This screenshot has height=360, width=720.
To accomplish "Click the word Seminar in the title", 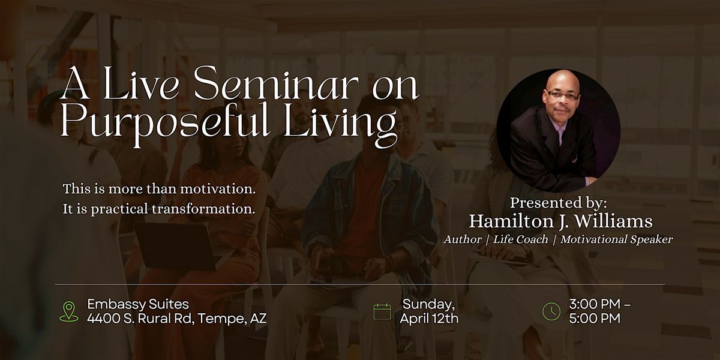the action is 276,83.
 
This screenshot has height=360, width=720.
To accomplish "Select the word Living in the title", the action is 340,124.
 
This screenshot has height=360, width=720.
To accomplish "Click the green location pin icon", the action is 69,311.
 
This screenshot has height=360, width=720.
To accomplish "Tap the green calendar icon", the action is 382,311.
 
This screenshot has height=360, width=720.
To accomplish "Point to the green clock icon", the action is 551,311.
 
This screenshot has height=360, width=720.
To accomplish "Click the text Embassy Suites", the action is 138,304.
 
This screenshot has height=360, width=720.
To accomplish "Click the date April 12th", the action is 429,319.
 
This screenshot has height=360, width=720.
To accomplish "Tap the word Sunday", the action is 429,304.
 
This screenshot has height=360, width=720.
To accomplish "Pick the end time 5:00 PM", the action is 595,319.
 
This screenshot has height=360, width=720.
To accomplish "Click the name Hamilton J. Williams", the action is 560,221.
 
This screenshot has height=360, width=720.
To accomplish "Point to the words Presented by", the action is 559,203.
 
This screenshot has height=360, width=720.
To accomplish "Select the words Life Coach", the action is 520,239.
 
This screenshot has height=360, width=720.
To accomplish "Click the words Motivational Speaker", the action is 617,239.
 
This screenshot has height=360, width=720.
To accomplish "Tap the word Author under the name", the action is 462,239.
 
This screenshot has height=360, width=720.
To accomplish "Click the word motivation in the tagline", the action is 218,188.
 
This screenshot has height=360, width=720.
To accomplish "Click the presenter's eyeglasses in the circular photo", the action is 563,96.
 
